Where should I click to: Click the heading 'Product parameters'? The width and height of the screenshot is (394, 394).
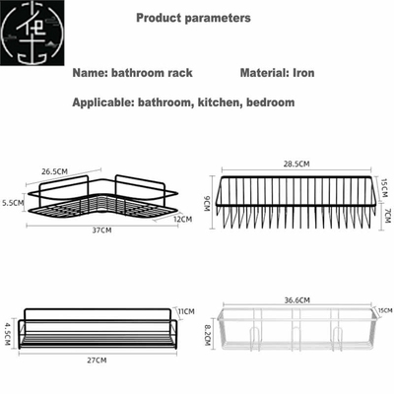193,18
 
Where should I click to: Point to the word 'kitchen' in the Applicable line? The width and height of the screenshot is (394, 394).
222,101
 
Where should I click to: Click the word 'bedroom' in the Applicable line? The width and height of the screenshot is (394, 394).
271,101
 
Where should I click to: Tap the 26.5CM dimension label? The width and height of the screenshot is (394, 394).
55,170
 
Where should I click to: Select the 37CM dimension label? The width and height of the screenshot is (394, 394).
100,230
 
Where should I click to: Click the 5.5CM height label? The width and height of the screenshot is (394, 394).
14,203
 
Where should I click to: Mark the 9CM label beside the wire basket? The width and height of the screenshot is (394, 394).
207,204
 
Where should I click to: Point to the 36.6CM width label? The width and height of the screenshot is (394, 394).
296,299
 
